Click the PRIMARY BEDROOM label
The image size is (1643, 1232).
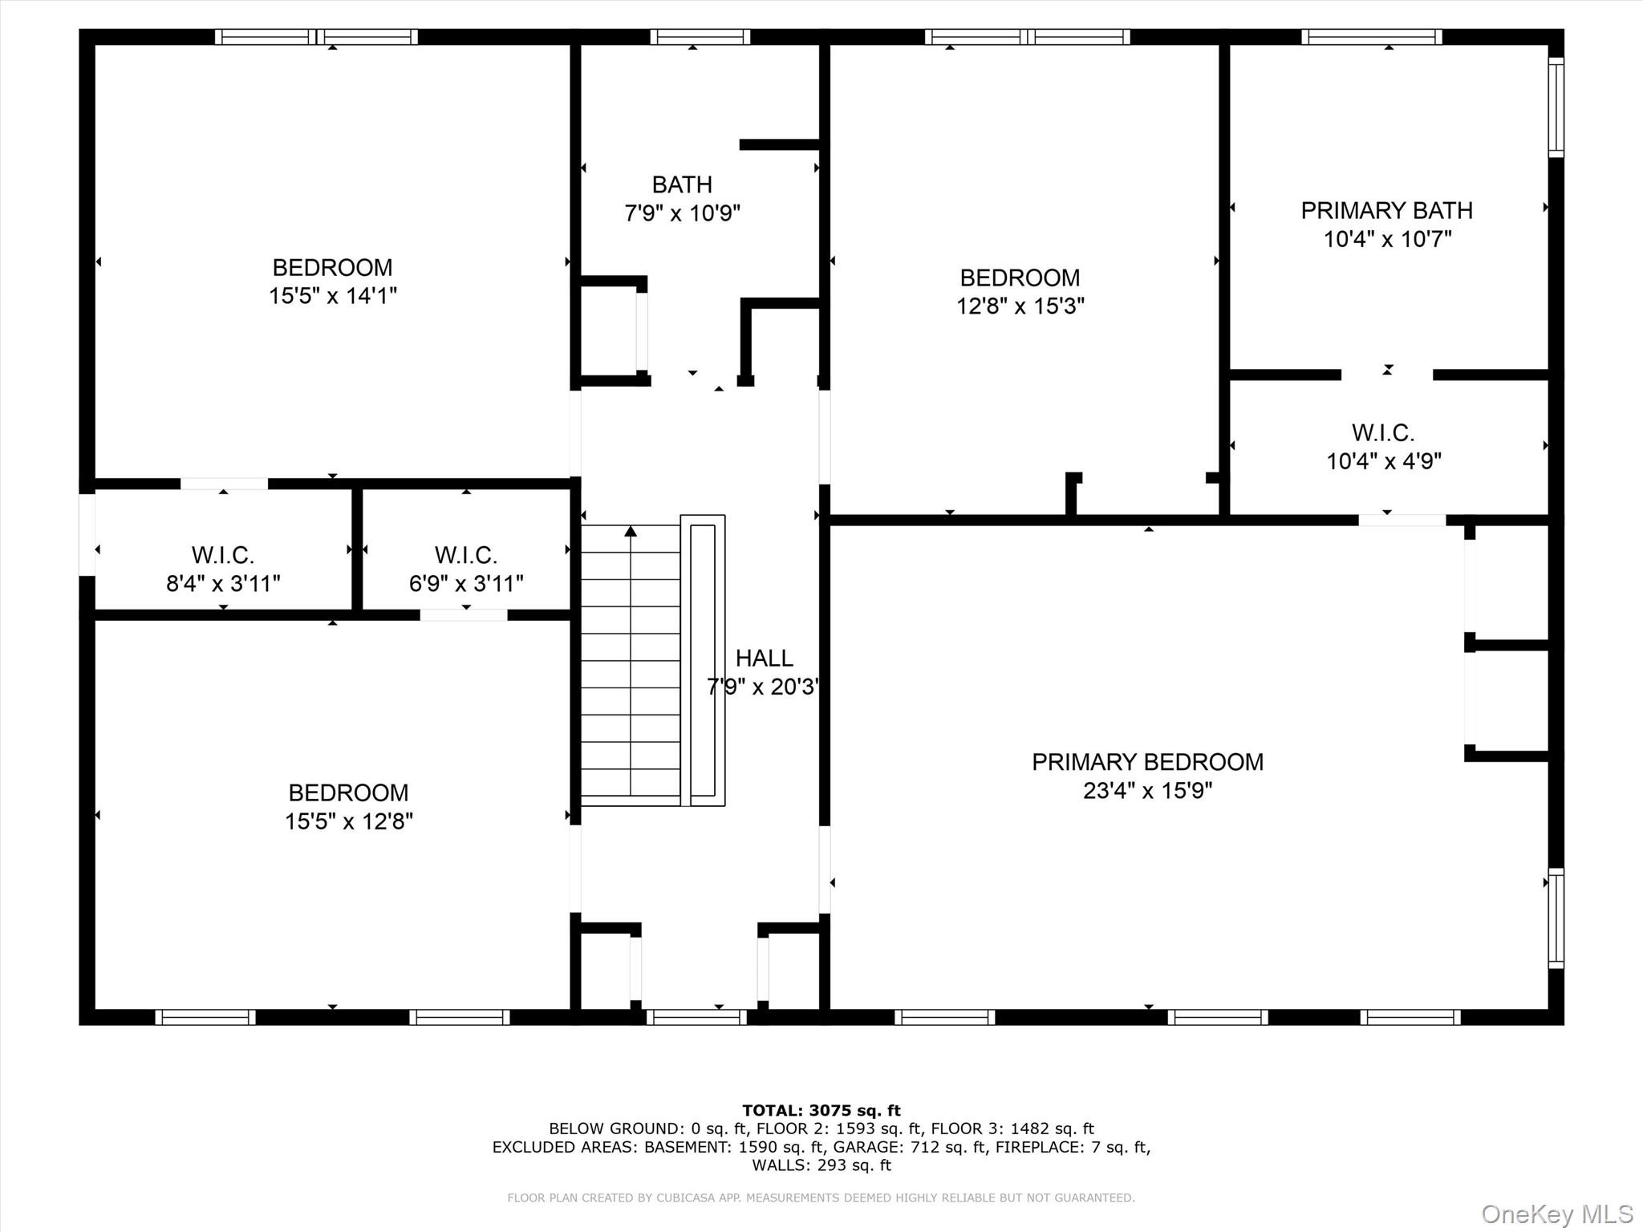(x=1147, y=762)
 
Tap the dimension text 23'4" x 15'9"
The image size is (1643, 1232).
(x=1147, y=791)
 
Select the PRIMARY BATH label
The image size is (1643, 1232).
(x=1386, y=210)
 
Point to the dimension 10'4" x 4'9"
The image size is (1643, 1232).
(x=1384, y=461)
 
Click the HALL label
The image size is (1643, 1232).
(x=764, y=658)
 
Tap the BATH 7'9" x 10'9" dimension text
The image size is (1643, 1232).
(x=682, y=213)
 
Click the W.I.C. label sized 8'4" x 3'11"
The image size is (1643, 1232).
(x=222, y=554)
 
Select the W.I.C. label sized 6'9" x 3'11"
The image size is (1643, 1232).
(x=466, y=554)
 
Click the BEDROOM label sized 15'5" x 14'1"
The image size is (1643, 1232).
(x=332, y=267)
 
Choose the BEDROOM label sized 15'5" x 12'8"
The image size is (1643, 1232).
(x=348, y=792)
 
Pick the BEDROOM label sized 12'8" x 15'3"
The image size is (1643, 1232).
(x=1020, y=278)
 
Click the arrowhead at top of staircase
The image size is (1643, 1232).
(x=631, y=531)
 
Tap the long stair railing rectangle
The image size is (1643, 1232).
(x=703, y=660)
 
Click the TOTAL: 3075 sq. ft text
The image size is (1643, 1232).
(x=821, y=1111)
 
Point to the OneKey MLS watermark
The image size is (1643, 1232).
(x=1556, y=1214)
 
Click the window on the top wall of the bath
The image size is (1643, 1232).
(x=700, y=37)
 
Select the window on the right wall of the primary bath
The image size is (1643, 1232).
(x=1556, y=107)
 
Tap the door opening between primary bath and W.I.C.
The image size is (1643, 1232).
(x=1387, y=375)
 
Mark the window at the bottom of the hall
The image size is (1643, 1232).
(x=696, y=1017)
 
